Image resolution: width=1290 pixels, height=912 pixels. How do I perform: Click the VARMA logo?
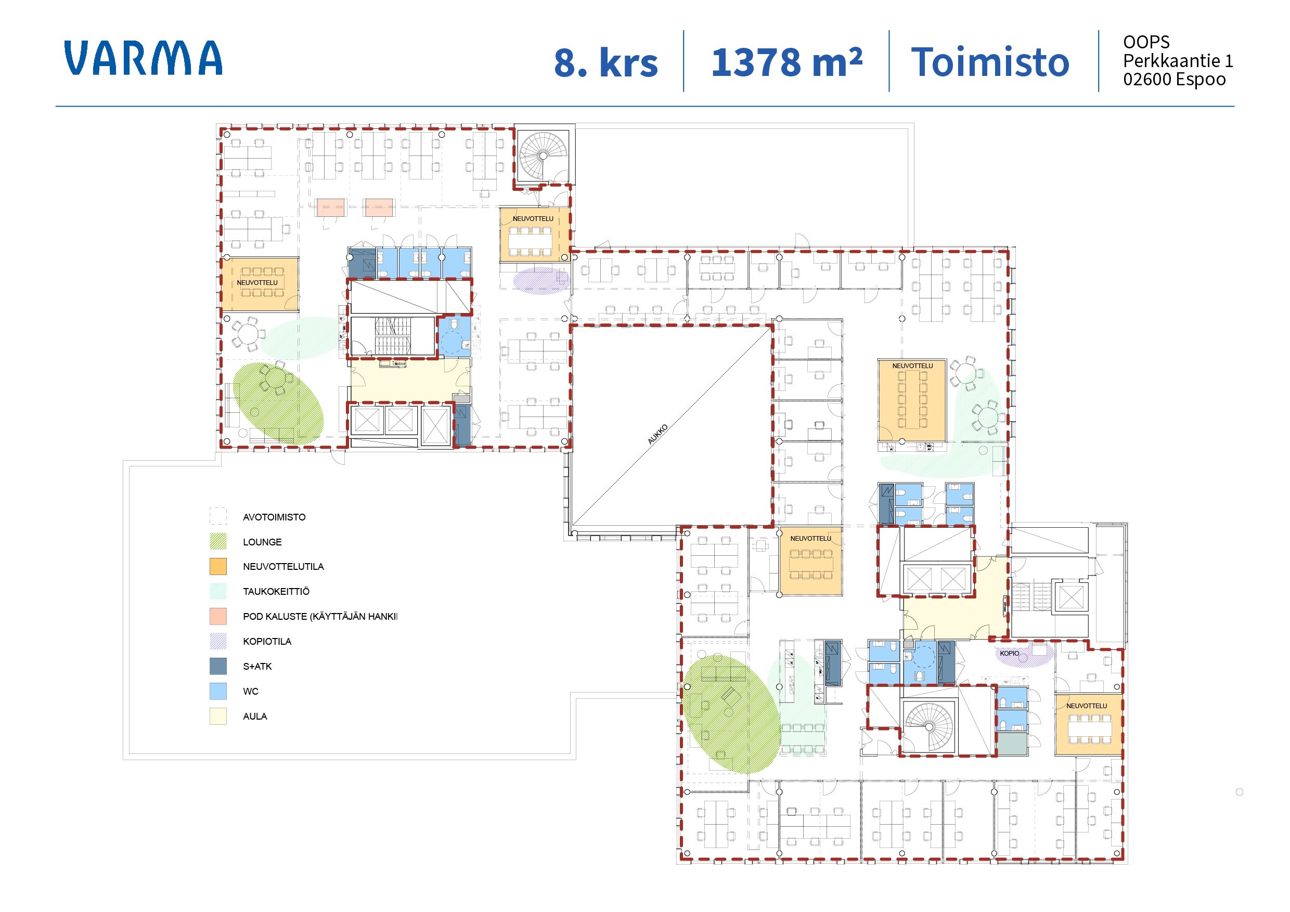pyautogui.click(x=143, y=57)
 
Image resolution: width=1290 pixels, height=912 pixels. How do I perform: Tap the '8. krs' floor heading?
pyautogui.click(x=605, y=62)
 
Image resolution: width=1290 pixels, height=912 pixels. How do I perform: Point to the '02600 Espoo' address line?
pyautogui.click(x=1174, y=79)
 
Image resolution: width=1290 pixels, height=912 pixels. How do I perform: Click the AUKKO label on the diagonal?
pyautogui.click(x=657, y=434)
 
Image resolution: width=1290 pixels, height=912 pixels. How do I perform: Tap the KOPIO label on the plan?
pyautogui.click(x=1009, y=653)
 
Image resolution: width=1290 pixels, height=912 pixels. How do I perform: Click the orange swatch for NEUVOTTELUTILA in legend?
pyautogui.click(x=218, y=566)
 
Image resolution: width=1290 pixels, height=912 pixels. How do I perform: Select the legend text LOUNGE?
pyautogui.click(x=262, y=542)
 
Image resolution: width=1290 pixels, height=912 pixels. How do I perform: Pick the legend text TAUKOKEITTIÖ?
pyautogui.click(x=276, y=591)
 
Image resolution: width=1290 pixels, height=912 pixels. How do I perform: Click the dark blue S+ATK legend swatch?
pyautogui.click(x=218, y=666)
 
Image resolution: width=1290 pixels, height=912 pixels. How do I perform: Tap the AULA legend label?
pyautogui.click(x=255, y=716)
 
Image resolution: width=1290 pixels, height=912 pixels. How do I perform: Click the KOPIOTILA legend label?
pyautogui.click(x=267, y=641)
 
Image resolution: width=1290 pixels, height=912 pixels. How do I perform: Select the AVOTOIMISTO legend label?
pyautogui.click(x=274, y=517)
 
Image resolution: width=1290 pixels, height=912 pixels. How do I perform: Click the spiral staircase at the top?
pyautogui.click(x=543, y=155)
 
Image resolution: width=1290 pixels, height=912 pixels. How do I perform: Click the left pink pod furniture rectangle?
pyautogui.click(x=330, y=207)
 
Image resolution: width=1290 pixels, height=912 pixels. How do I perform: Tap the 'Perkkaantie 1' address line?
pyautogui.click(x=1178, y=61)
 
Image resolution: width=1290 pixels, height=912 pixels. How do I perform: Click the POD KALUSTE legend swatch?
pyautogui.click(x=218, y=616)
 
